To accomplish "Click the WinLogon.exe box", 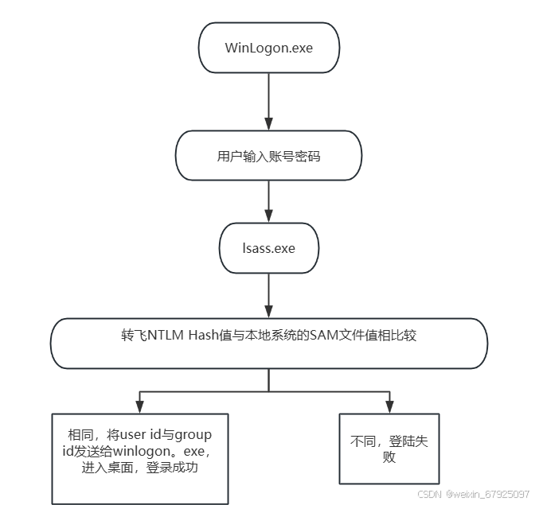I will tap(269, 48).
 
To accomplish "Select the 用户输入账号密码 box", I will tap(269, 157).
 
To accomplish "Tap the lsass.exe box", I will tap(269, 248).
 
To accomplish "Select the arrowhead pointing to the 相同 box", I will tap(140, 406).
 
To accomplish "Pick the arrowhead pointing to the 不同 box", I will tap(389, 406).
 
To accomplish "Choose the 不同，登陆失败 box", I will tap(389, 449).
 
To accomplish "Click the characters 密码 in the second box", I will tap(307, 157).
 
